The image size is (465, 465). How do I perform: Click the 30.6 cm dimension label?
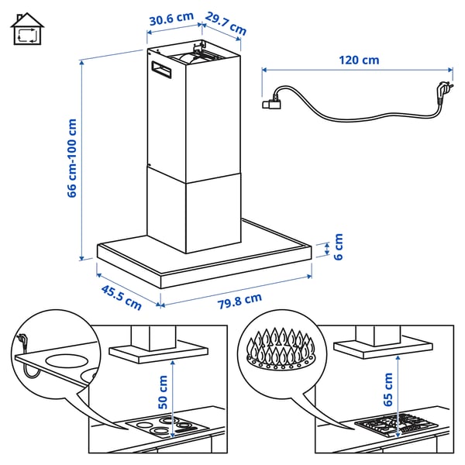coord(170,18)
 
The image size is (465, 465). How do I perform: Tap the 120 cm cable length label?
coord(359,60)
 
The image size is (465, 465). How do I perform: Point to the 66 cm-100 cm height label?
coord(72,157)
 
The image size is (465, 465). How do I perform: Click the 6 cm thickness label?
coord(338,246)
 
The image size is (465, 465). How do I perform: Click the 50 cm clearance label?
coord(163,392)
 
